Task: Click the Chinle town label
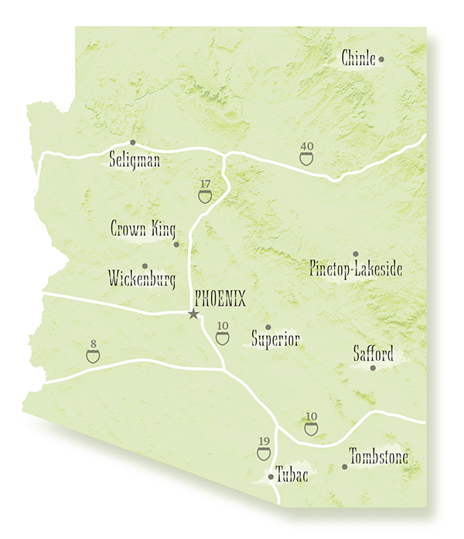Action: pos(358,59)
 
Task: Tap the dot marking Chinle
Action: pos(381,59)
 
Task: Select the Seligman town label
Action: pos(135,161)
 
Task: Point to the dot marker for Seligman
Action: pos(132,142)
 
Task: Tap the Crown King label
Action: pos(143,229)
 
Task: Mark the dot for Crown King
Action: pos(176,245)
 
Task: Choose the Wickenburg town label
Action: pos(142,278)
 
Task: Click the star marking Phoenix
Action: pos(193,314)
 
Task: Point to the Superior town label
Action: pos(275,340)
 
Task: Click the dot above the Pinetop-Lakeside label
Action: pos(355,254)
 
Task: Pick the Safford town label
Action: pos(374,354)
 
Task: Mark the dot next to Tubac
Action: pos(271,477)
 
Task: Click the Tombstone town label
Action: pos(378,458)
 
